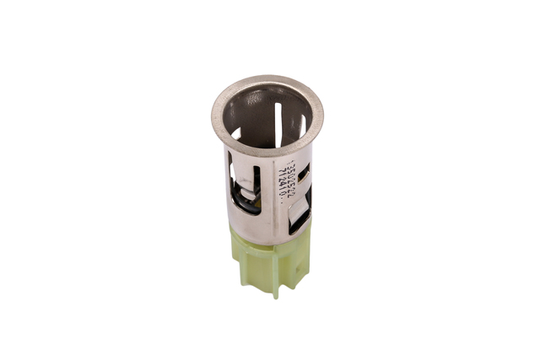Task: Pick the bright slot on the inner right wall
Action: [300, 124]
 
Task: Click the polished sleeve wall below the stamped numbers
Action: [281, 218]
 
